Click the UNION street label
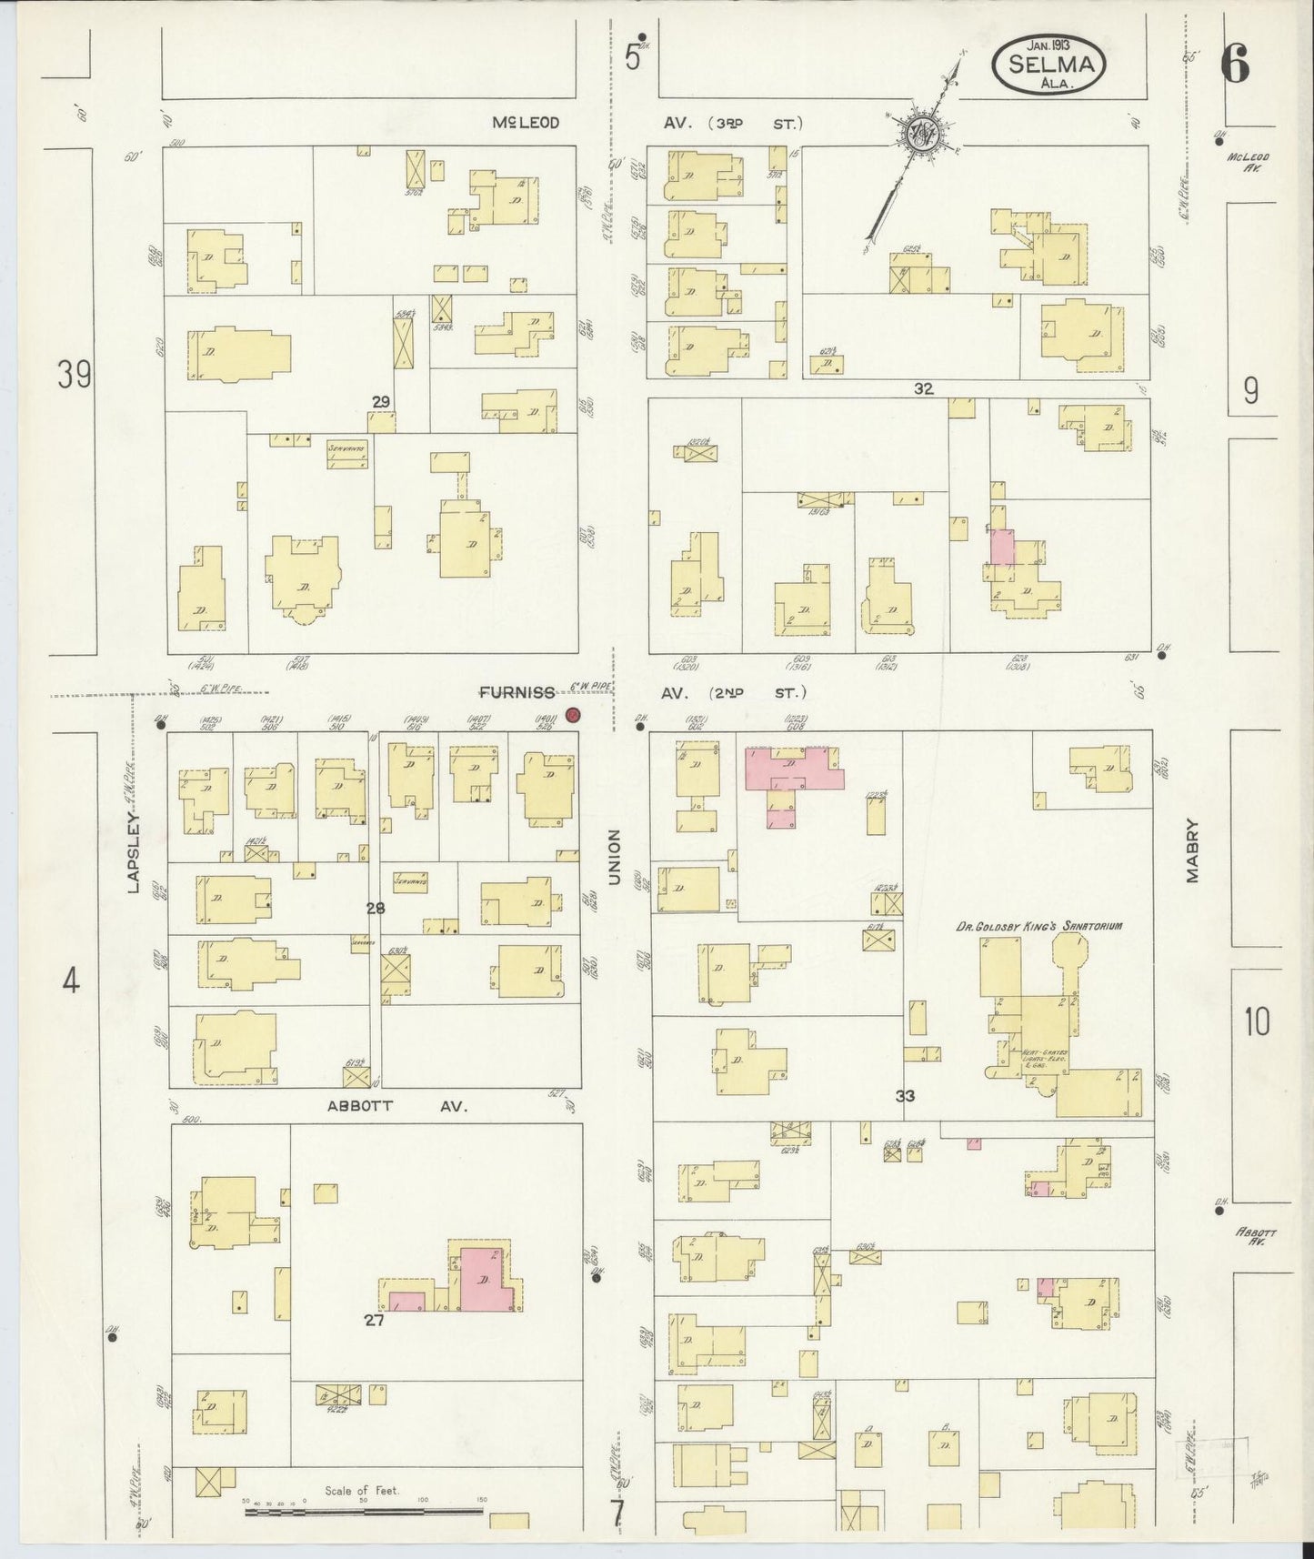pos(614,858)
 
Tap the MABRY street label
pos(1192,851)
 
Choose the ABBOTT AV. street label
pos(396,1106)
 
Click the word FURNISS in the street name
pos(517,693)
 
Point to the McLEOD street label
pos(527,123)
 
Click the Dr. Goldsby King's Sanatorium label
pos(1038,926)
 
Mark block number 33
pos(905,1096)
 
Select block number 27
pos(375,1321)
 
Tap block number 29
pos(381,401)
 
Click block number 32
pos(924,388)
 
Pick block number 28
pos(376,908)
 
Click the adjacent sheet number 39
pos(75,375)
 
